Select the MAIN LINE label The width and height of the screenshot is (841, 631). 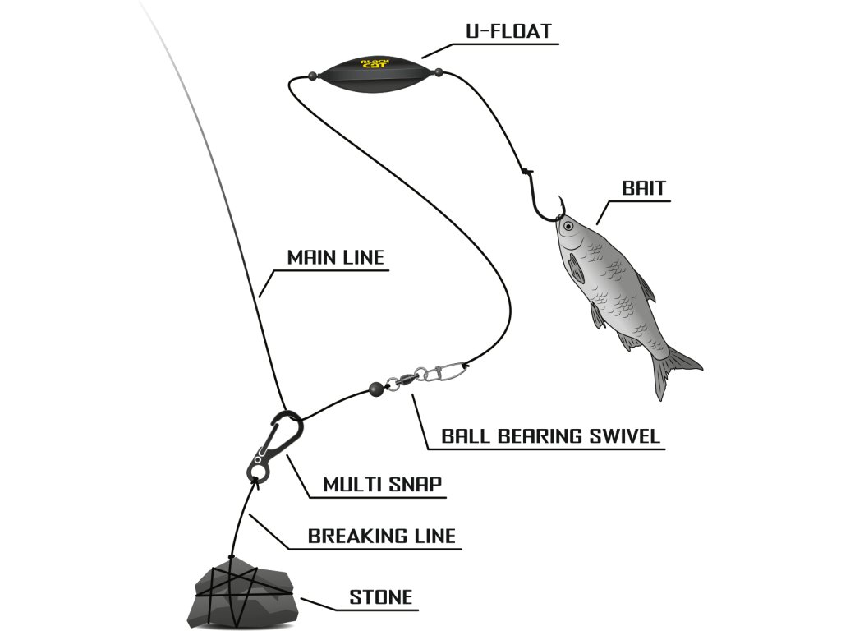tap(335, 257)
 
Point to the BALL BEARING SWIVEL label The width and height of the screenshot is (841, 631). tap(550, 436)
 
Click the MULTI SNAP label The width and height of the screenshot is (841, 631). tap(382, 485)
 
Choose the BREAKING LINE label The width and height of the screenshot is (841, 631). tap(381, 537)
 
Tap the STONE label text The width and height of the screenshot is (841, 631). tap(380, 597)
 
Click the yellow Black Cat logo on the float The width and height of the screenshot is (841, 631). tap(377, 63)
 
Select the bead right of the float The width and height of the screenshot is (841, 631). tap(439, 72)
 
